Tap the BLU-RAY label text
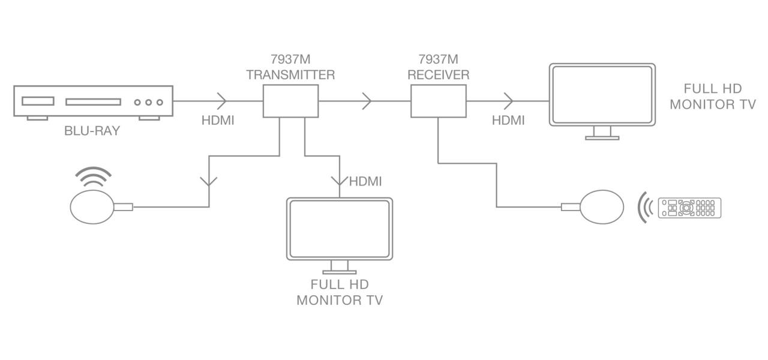[x=92, y=131]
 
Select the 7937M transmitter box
[x=290, y=101]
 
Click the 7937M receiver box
[x=438, y=101]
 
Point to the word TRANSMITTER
[x=290, y=75]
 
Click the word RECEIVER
[x=438, y=75]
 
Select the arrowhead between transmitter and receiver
[x=367, y=101]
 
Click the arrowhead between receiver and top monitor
[x=508, y=101]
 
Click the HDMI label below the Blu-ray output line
[x=218, y=120]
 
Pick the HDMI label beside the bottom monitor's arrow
[x=365, y=181]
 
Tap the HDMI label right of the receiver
[x=508, y=120]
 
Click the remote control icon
[x=690, y=208]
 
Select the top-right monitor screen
[x=602, y=95]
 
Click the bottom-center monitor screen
[x=340, y=229]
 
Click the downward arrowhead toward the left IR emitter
[x=209, y=180]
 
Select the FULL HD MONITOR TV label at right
[x=712, y=96]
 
